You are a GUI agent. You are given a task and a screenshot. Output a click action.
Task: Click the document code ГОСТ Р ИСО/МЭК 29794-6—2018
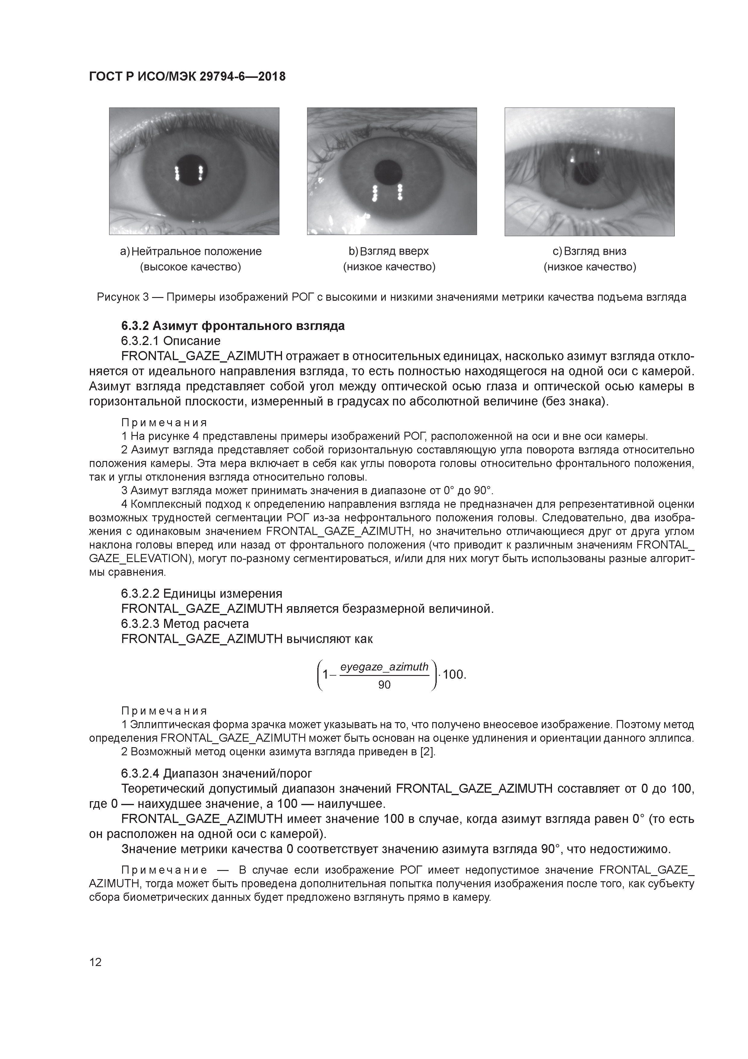coord(187,77)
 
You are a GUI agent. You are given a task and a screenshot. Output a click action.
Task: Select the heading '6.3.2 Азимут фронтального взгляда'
coord(233,326)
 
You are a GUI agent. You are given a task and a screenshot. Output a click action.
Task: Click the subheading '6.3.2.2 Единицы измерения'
coord(201,593)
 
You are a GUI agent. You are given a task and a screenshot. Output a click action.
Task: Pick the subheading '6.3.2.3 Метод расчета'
coord(185,624)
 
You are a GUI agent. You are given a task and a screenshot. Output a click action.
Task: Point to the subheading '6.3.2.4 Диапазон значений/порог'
coord(217,773)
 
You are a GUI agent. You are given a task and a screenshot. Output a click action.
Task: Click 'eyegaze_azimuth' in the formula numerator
coord(384,667)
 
